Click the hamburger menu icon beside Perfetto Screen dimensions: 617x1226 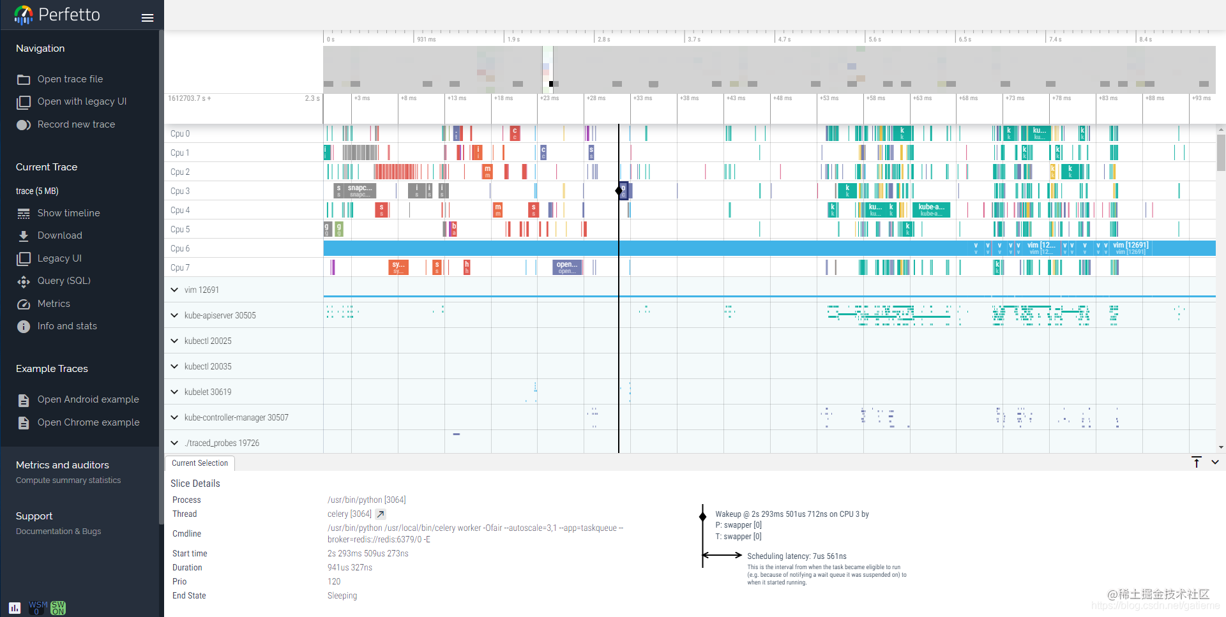pyautogui.click(x=148, y=18)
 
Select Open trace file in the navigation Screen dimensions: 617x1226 pyautogui.click(x=70, y=79)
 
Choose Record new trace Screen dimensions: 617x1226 pyautogui.click(x=76, y=124)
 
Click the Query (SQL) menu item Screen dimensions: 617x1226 pyautogui.click(x=64, y=281)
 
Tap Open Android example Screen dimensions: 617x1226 pyautogui.click(x=88, y=399)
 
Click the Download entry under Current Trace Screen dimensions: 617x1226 pyautogui.click(x=59, y=235)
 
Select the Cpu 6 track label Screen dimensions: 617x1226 pyautogui.click(x=180, y=248)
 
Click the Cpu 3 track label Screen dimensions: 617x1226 pyautogui.click(x=180, y=191)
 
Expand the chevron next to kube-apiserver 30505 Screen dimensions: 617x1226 pyautogui.click(x=174, y=315)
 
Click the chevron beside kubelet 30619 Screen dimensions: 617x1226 pyautogui.click(x=174, y=392)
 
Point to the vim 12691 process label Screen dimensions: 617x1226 pyautogui.click(x=201, y=290)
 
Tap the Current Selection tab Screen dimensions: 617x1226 pyautogui.click(x=199, y=463)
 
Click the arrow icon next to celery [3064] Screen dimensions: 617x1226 pyautogui.click(x=381, y=514)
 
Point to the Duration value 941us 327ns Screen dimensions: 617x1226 pyautogui.click(x=350, y=567)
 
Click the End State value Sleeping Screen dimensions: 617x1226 pyautogui.click(x=342, y=595)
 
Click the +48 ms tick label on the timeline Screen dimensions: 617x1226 pyautogui.click(x=782, y=98)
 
